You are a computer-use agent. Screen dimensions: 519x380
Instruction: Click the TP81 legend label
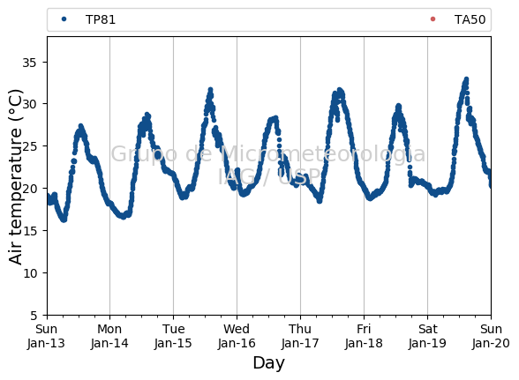[x=101, y=19]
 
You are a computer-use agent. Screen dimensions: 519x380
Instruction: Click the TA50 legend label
[x=470, y=19]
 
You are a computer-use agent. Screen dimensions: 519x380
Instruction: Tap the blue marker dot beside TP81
[x=64, y=19]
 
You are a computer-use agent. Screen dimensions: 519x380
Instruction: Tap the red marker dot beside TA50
[x=432, y=19]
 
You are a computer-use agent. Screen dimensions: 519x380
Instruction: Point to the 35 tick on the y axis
[x=29, y=63]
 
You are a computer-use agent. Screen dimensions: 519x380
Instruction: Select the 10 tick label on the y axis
[x=29, y=273]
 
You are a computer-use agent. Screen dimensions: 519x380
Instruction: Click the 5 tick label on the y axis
[x=34, y=316]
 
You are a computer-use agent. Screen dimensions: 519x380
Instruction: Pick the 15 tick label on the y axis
[x=29, y=231]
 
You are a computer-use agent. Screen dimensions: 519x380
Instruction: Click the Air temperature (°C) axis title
[x=16, y=177]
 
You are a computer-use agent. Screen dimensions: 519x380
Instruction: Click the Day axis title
[x=268, y=363]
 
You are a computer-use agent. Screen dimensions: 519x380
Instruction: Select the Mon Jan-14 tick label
[x=109, y=336]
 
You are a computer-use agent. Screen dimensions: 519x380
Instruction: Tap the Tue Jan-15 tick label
[x=173, y=336]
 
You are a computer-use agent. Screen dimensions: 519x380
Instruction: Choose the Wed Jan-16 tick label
[x=237, y=336]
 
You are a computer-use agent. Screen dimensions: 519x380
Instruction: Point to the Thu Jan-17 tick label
[x=300, y=336]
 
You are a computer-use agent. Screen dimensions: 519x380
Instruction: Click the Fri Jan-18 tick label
[x=364, y=336]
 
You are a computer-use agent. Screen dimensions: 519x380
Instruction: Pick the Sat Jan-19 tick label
[x=427, y=336]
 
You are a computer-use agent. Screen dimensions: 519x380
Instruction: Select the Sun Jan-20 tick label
[x=491, y=336]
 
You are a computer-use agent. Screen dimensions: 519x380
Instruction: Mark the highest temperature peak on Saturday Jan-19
[x=466, y=79]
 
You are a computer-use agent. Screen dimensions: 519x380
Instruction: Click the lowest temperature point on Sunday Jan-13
[x=64, y=220]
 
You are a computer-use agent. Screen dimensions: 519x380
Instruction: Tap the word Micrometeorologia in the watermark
[x=323, y=154]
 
